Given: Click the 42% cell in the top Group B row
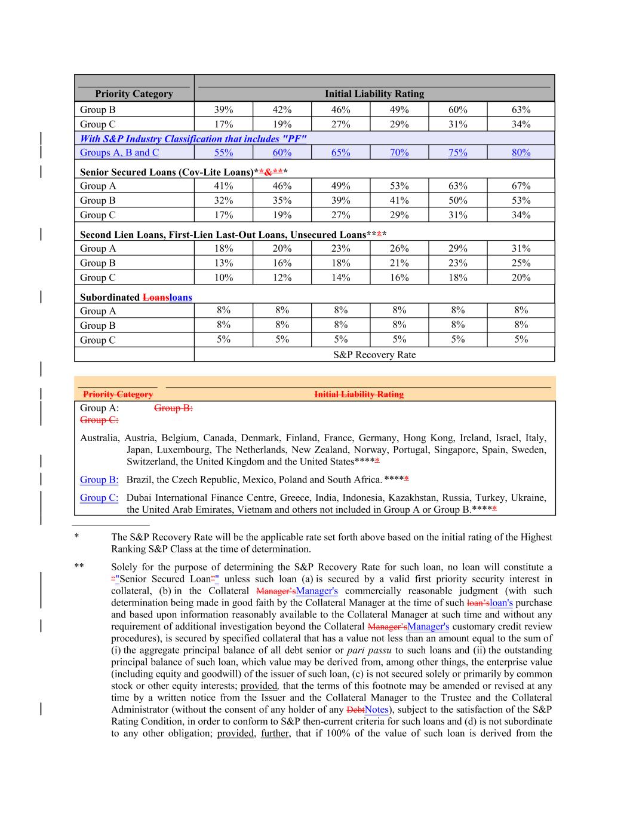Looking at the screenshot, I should coord(282,109).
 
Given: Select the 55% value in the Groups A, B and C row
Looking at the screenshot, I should coord(223,152).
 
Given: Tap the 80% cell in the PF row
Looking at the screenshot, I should coord(521,152).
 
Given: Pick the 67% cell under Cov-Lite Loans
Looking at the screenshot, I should coord(521,186).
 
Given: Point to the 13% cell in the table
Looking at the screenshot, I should coord(223,263).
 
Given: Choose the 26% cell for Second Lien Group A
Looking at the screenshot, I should coord(399,249).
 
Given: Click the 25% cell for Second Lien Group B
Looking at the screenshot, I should coord(521,263).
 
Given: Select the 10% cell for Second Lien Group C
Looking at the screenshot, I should coord(223,277).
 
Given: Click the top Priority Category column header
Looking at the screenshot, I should coord(134,94).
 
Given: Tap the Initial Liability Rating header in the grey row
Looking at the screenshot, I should coord(374,94).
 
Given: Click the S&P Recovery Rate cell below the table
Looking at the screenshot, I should coord(374,355).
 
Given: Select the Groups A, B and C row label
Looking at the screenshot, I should coord(119,152).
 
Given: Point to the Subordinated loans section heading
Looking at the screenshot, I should coord(136,297).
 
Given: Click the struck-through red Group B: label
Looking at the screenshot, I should coord(173,408).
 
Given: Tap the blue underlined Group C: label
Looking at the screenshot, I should coord(99,497).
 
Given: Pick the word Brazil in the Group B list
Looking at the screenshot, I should coord(139,479).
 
